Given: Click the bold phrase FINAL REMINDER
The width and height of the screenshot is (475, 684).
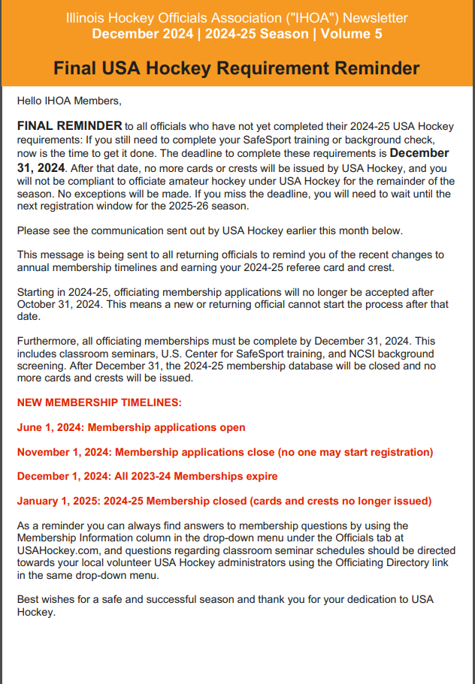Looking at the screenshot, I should point(69,125).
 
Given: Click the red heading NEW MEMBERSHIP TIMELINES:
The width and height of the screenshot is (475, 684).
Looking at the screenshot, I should point(99,402).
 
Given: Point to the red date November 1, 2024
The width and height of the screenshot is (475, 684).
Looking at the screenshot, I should point(64,452).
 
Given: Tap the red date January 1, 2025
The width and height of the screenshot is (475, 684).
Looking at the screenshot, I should point(59,501).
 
